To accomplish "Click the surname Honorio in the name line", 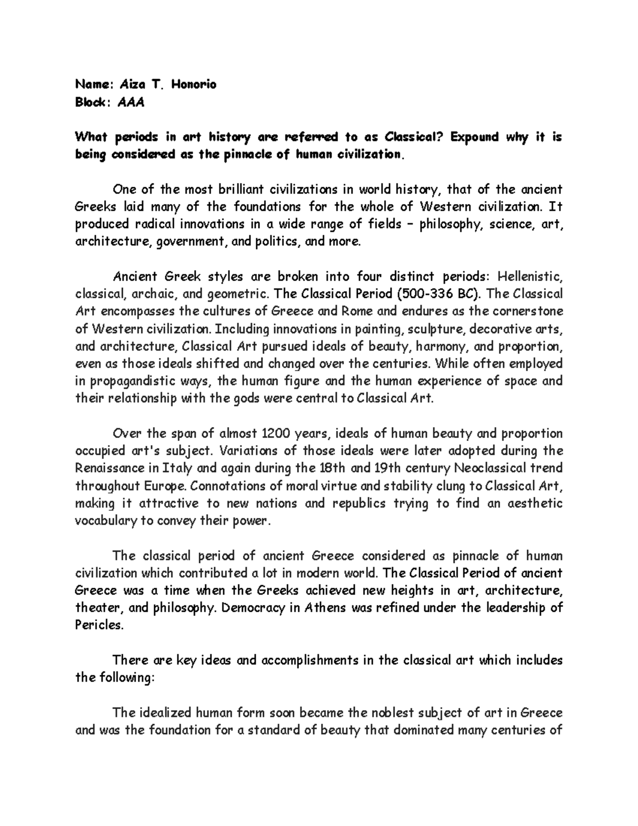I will (194, 84).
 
